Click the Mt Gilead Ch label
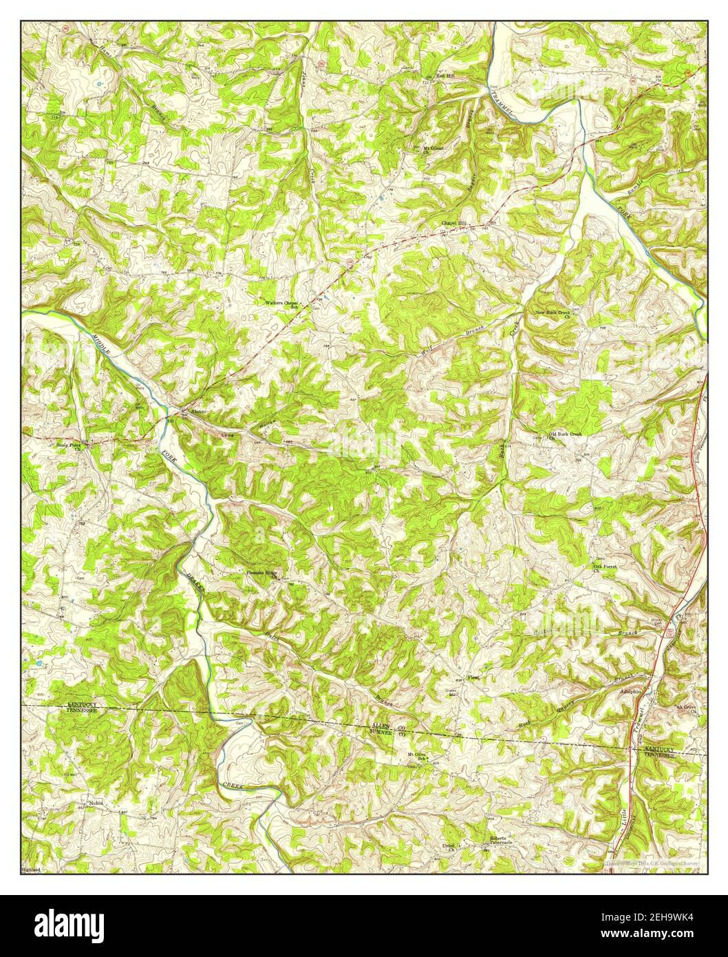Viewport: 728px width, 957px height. click(x=433, y=149)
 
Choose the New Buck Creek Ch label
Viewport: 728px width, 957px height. click(x=553, y=315)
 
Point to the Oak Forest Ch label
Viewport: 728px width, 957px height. click(x=605, y=568)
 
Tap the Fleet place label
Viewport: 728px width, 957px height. click(x=473, y=677)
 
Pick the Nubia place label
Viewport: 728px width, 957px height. click(x=96, y=803)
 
